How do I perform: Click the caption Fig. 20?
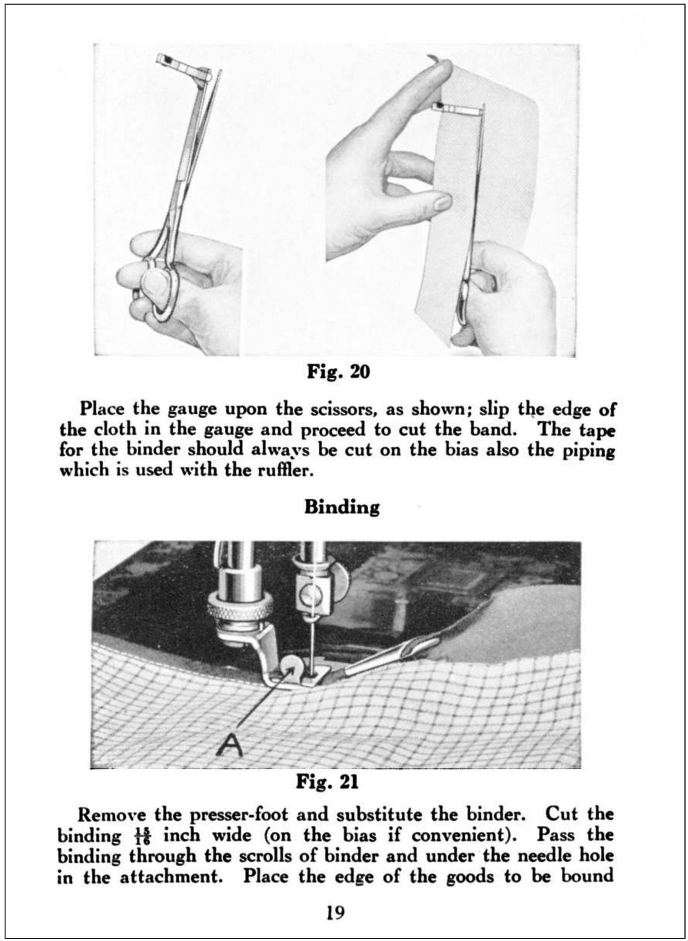tap(338, 372)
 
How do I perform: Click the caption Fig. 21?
tap(327, 782)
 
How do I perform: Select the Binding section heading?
tap(342, 507)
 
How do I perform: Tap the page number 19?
tap(336, 913)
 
